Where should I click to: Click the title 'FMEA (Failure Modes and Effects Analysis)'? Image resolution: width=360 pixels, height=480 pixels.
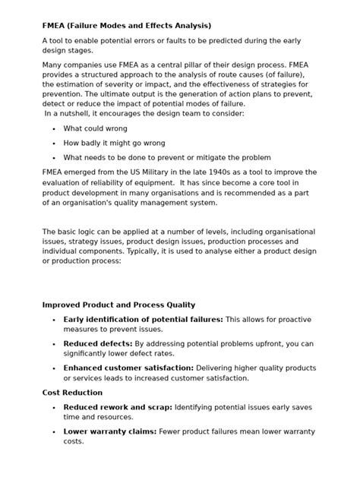(x=126, y=25)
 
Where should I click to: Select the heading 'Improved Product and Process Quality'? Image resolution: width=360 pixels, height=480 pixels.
(x=118, y=305)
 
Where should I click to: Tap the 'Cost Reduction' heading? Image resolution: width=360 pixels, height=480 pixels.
(x=72, y=392)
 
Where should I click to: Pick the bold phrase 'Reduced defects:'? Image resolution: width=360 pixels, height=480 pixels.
(x=97, y=343)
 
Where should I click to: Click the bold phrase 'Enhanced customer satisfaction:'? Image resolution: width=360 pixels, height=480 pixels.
(x=128, y=368)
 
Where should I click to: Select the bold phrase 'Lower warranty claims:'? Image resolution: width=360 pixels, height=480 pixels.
(x=109, y=431)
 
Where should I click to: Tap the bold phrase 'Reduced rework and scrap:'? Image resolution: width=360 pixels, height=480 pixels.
(x=118, y=406)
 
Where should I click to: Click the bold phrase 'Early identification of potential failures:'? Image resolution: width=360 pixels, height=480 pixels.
(x=143, y=319)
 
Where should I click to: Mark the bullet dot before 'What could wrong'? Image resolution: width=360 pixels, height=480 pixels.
(x=53, y=129)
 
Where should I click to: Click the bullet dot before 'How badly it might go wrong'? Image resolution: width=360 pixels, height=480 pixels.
(x=53, y=143)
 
